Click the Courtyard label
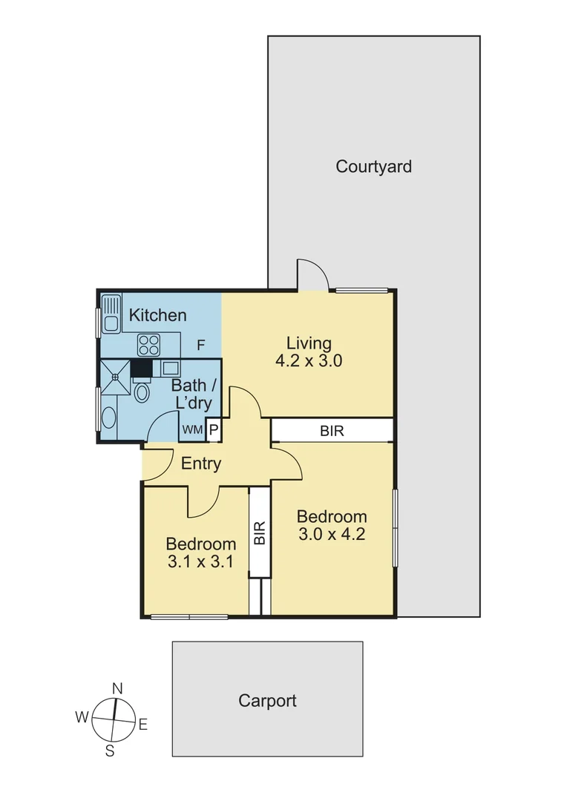373,166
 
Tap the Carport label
267,700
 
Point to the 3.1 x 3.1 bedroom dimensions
200,561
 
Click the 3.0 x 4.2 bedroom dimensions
331,534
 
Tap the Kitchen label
157,315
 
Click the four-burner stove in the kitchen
149,345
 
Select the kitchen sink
112,313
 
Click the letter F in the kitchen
200,345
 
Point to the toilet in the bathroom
142,392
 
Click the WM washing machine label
191,430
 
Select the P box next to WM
212,430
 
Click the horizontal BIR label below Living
332,430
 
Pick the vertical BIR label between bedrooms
260,533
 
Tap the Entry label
201,464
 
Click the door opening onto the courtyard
312,275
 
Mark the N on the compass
117,688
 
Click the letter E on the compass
143,725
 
